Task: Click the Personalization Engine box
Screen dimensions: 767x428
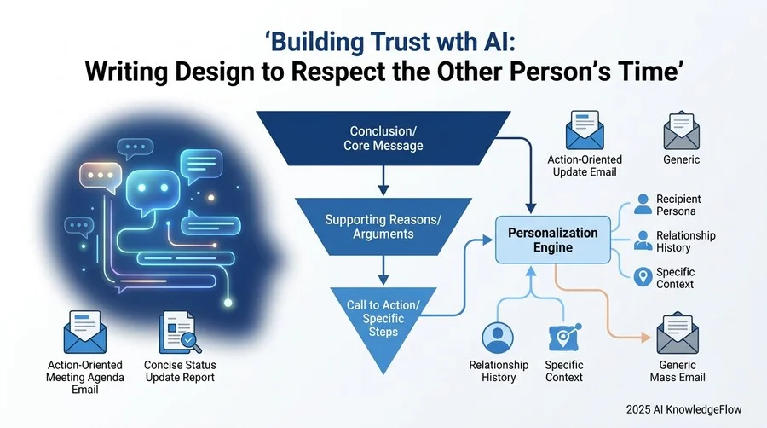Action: [x=553, y=240]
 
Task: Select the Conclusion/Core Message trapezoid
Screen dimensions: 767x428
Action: [x=383, y=138]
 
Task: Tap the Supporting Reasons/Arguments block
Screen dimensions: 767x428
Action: [x=383, y=227]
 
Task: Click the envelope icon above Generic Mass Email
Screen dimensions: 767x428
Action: [x=678, y=333]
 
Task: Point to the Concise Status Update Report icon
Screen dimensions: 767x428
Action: [x=180, y=333]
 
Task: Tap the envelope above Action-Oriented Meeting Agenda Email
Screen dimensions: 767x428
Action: [x=85, y=333]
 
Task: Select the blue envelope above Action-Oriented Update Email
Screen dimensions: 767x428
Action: [x=585, y=130]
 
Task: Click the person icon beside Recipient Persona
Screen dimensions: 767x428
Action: [x=643, y=204]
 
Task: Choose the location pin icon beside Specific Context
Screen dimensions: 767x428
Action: [x=643, y=277]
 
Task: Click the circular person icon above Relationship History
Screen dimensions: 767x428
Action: [x=498, y=338]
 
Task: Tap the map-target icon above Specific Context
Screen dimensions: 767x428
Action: [x=564, y=337]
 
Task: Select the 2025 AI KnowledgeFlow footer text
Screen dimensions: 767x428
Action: [x=683, y=409]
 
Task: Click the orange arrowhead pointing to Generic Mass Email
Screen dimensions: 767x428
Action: [x=646, y=338]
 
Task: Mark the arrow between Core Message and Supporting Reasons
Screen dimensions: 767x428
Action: [x=383, y=181]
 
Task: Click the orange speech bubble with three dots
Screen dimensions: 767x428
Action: [x=101, y=177]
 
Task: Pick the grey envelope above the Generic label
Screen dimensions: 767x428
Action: [x=682, y=130]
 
